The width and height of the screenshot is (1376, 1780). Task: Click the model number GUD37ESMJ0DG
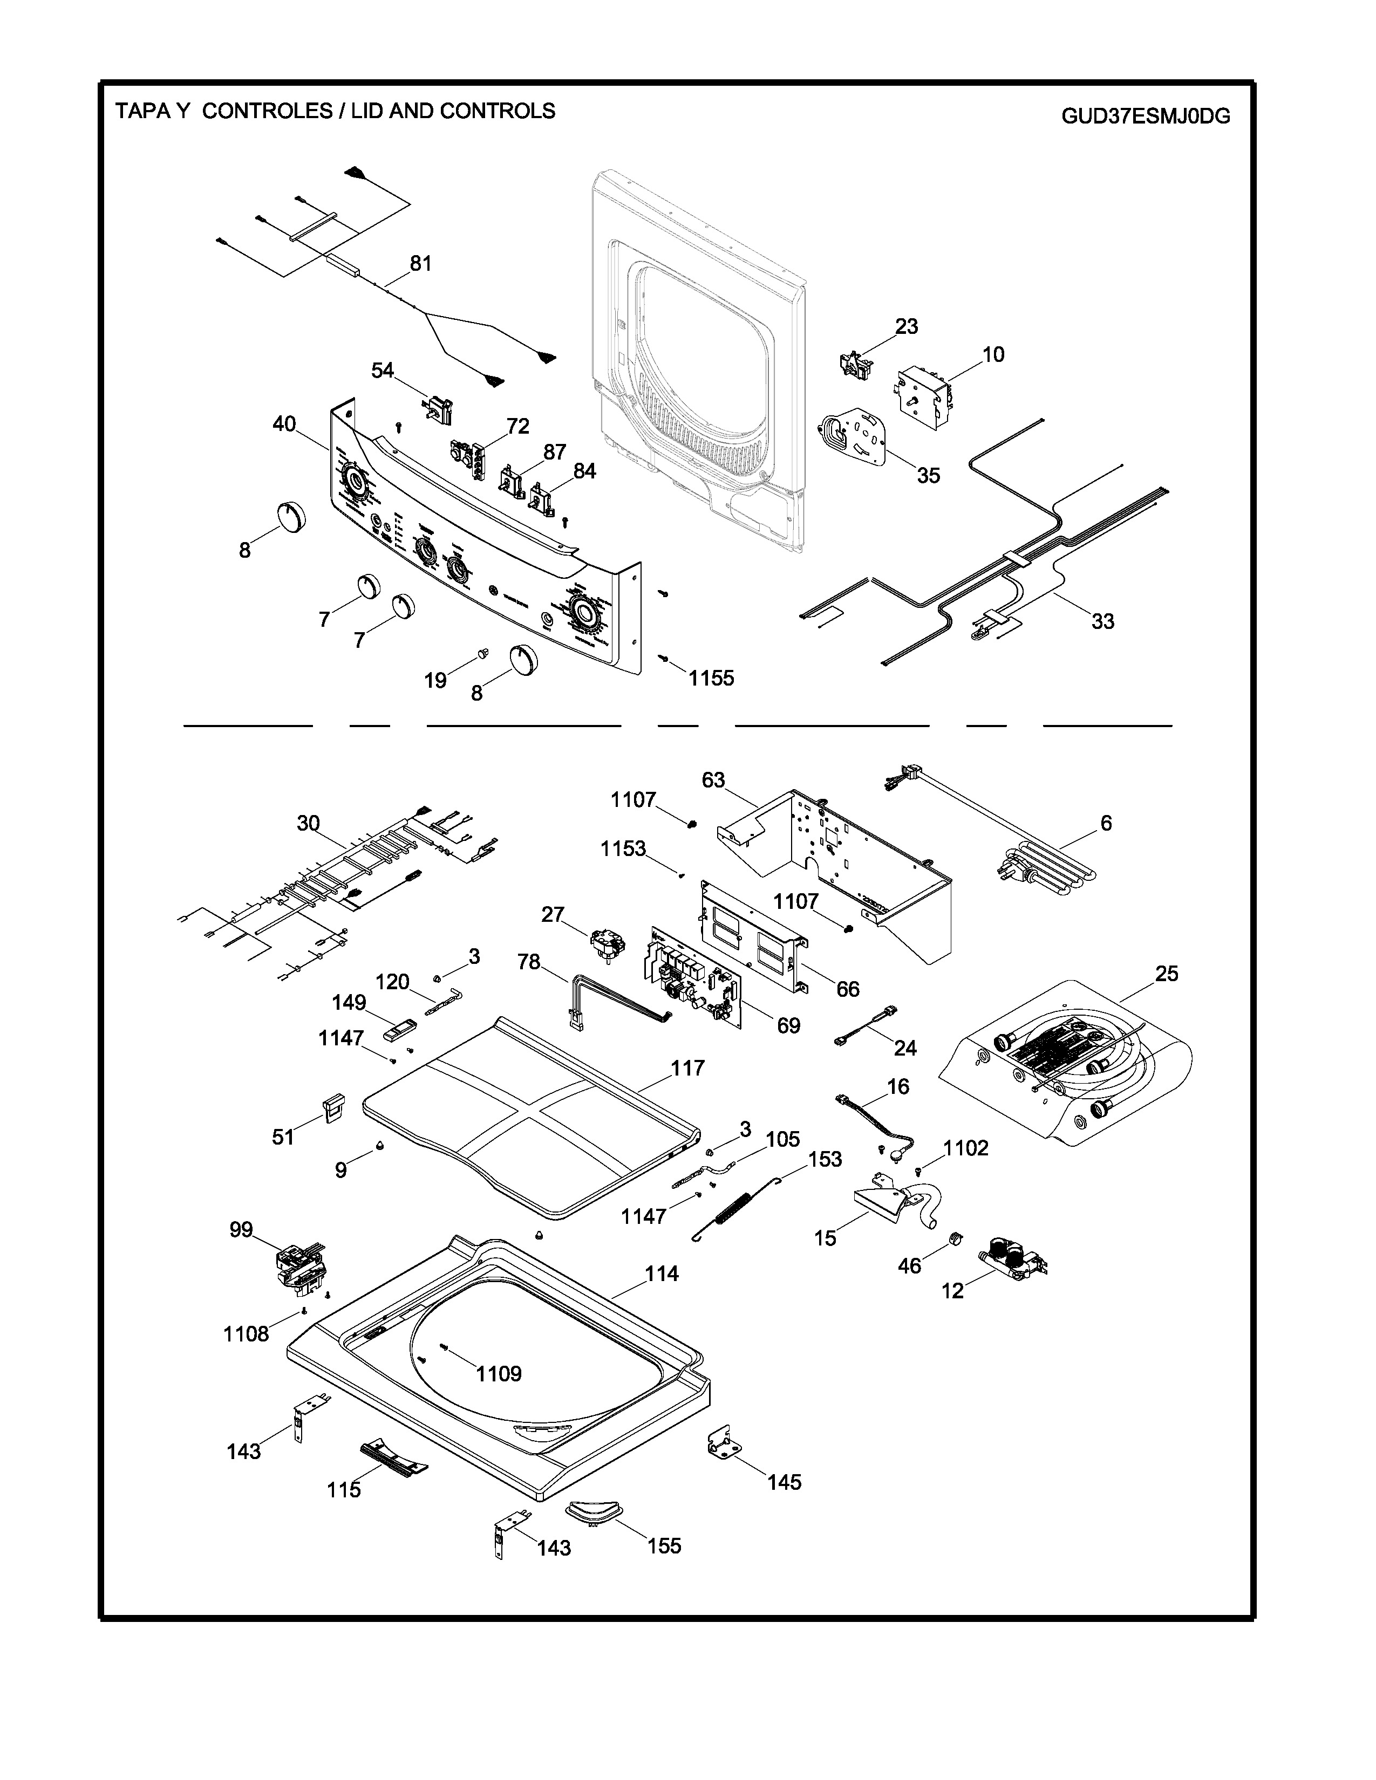(1145, 117)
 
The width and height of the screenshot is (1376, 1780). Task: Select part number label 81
(421, 263)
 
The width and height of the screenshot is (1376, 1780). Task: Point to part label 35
(929, 475)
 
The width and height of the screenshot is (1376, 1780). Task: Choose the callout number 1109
(499, 1374)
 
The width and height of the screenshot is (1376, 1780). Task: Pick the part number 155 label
(664, 1546)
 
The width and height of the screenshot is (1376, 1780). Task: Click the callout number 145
(784, 1482)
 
